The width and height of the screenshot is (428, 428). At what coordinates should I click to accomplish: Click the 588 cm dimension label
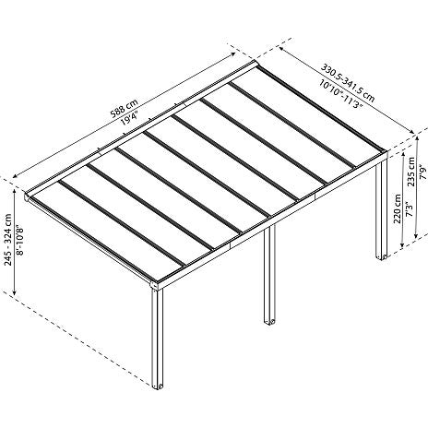click(x=125, y=109)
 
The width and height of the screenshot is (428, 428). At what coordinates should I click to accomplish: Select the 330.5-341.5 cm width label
click(x=348, y=83)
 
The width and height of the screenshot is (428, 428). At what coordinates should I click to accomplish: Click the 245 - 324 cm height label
click(x=8, y=240)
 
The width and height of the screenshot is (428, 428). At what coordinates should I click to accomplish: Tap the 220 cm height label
click(x=398, y=208)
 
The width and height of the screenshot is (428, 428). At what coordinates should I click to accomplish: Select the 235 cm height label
click(x=410, y=172)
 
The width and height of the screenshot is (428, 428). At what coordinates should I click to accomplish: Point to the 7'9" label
click(x=423, y=172)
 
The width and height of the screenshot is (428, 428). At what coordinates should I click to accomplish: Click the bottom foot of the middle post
click(x=269, y=321)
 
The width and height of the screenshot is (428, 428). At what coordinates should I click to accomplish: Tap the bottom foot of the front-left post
click(x=159, y=386)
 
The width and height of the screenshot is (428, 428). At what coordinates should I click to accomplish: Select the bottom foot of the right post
click(x=382, y=256)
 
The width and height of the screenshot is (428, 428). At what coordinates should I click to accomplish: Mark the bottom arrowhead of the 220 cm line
click(x=403, y=244)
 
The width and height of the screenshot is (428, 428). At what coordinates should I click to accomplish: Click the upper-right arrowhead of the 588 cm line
click(x=232, y=54)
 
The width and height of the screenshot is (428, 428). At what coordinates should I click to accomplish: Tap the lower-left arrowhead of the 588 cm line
click(x=15, y=176)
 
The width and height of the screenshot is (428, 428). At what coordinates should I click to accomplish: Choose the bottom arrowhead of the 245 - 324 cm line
click(x=15, y=292)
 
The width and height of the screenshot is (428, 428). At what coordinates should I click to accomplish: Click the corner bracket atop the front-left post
click(x=155, y=284)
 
